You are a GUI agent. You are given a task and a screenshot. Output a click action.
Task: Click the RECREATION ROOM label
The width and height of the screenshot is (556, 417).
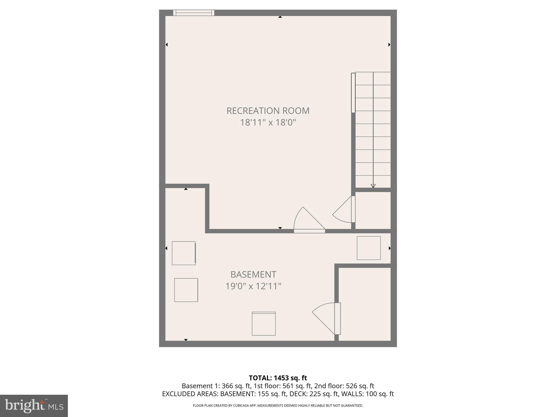tap(268, 111)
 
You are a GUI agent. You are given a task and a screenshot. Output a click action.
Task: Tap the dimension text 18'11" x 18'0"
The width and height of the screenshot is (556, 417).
tap(268, 123)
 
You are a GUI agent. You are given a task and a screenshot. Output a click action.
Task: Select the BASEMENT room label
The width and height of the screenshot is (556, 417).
tap(253, 274)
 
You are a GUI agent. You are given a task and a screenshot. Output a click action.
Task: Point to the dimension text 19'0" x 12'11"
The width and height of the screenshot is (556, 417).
tap(253, 286)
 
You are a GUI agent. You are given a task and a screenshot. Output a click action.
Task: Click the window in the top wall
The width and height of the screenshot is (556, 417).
tap(194, 13)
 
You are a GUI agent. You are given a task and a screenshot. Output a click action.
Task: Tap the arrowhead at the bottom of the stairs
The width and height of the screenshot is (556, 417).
tap(373, 186)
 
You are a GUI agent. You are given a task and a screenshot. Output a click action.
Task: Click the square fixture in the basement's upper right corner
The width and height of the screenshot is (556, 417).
tap(368, 248)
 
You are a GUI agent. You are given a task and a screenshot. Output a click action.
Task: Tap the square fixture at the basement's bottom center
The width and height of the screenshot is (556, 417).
tap(264, 324)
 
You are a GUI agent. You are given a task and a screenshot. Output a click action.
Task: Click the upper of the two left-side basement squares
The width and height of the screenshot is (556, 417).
tap(184, 253)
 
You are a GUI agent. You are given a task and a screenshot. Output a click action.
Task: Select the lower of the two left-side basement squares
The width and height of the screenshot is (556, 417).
tap(186, 290)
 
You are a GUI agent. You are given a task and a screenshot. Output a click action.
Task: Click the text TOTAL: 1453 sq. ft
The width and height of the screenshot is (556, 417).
tap(278, 378)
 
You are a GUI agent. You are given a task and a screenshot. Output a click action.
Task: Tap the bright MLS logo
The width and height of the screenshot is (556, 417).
tap(34, 406)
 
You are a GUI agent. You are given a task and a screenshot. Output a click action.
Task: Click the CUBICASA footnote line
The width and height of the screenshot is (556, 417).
tap(278, 406)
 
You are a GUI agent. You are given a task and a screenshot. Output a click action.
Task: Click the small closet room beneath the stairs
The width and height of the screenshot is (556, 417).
tap(373, 210)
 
